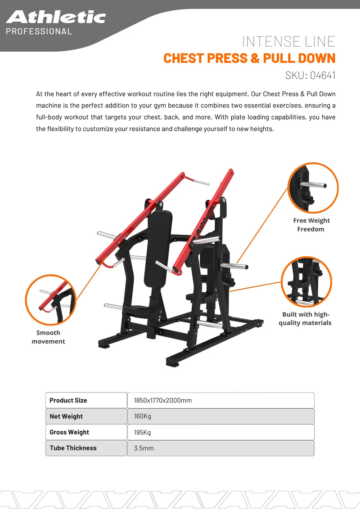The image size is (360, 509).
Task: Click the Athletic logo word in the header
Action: point(56,17)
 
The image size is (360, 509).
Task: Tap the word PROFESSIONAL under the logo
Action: point(39,31)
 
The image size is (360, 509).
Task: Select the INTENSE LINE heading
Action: point(288,41)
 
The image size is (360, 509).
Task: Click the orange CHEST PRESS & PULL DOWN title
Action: point(249,58)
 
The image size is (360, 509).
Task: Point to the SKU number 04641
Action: point(323,75)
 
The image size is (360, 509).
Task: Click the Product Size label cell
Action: point(86,400)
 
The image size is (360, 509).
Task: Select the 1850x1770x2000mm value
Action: point(163,400)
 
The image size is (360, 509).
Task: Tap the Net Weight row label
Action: point(86,416)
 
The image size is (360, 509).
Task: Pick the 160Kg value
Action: point(143,416)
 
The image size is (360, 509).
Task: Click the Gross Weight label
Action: point(69,432)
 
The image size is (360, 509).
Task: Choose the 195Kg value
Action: point(143,433)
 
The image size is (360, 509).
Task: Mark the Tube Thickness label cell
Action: point(86,448)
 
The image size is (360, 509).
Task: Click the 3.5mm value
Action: point(144,448)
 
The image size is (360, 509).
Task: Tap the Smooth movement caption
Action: point(49,337)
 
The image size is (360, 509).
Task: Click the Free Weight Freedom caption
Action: point(311,225)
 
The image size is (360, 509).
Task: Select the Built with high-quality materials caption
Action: point(305,318)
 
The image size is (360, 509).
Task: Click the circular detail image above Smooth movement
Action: point(51,299)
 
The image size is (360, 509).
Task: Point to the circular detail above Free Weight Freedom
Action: point(313,188)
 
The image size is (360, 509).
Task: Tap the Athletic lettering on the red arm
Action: point(205,221)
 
